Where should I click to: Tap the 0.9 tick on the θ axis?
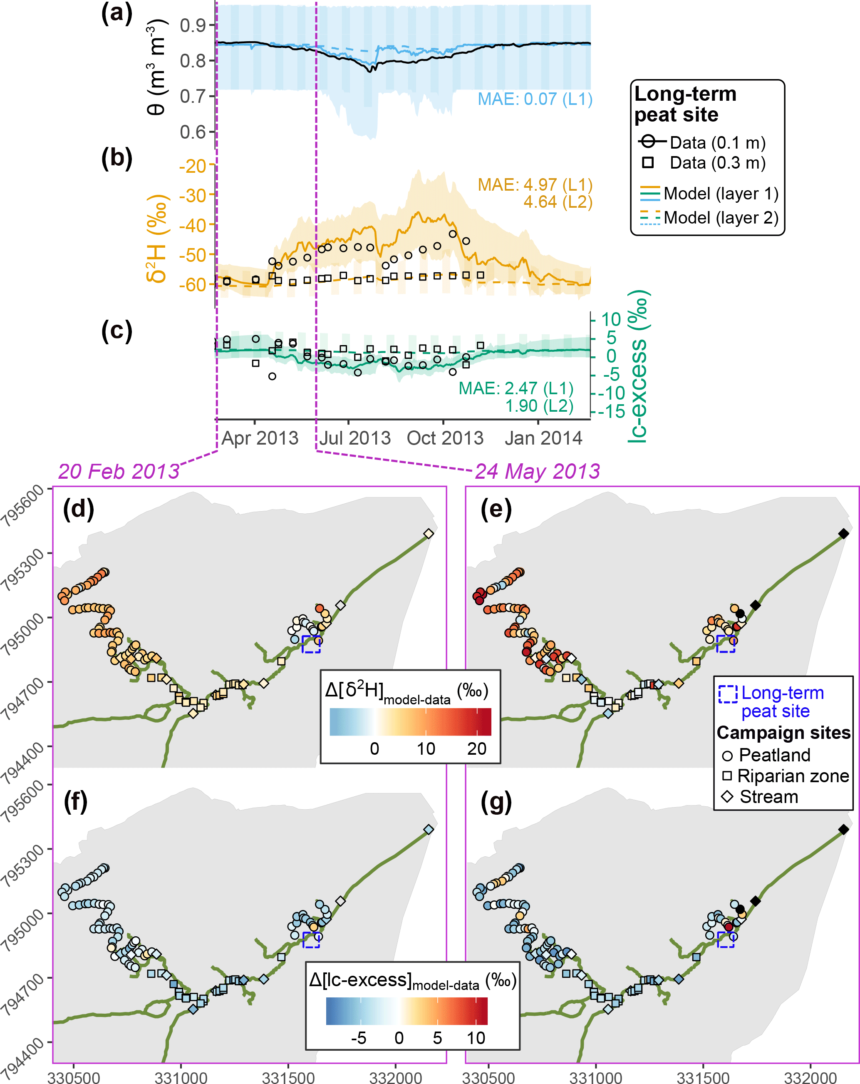point(193,25)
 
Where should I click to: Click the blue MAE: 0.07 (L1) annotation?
point(534,99)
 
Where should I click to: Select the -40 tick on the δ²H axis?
point(193,225)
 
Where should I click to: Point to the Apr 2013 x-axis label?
point(260,438)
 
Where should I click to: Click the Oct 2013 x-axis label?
point(445,438)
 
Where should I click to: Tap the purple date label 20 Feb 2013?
point(119,472)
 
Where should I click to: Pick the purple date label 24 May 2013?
point(537,472)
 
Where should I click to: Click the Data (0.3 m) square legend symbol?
point(648,162)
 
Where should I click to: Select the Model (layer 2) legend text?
point(721,218)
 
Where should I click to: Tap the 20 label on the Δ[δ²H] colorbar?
point(476,748)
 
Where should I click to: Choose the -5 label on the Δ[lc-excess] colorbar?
point(358,1038)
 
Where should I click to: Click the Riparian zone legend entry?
point(793,776)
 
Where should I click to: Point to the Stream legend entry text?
point(768,797)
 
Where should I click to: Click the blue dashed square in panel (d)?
point(311,644)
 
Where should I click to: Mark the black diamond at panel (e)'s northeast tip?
point(843,533)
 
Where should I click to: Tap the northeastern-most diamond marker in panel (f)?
point(428,829)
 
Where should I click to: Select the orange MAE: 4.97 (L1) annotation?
point(534,185)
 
